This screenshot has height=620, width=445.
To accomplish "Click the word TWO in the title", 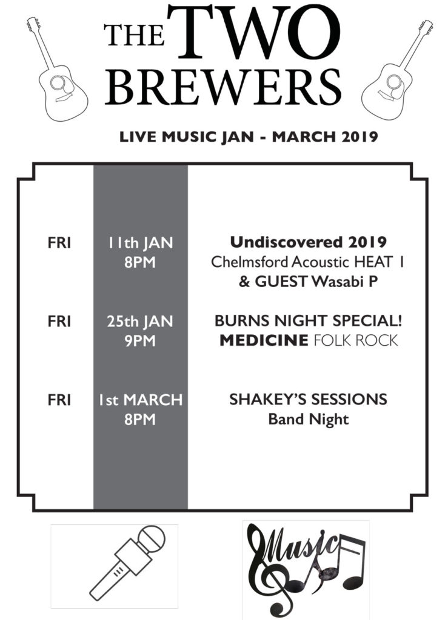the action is [254, 33].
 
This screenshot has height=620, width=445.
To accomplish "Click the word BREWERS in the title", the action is [223, 87].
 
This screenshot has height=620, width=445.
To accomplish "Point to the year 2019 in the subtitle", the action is [360, 137].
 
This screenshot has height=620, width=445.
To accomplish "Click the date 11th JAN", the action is [141, 243].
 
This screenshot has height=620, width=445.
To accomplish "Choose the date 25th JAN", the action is [140, 321].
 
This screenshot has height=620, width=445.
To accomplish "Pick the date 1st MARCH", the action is [141, 400].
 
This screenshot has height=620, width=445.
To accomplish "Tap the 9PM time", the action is [140, 341].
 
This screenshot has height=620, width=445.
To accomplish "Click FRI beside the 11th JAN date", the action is [59, 243].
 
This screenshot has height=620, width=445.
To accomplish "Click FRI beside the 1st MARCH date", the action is [59, 400].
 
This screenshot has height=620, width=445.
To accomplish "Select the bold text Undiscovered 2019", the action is [309, 242].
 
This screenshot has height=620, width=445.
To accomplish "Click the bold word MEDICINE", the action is [264, 340].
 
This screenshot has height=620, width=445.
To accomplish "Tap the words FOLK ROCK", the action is [355, 340].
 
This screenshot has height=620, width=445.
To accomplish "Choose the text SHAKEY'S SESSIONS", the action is [308, 400].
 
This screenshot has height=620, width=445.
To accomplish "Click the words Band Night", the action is [309, 420].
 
